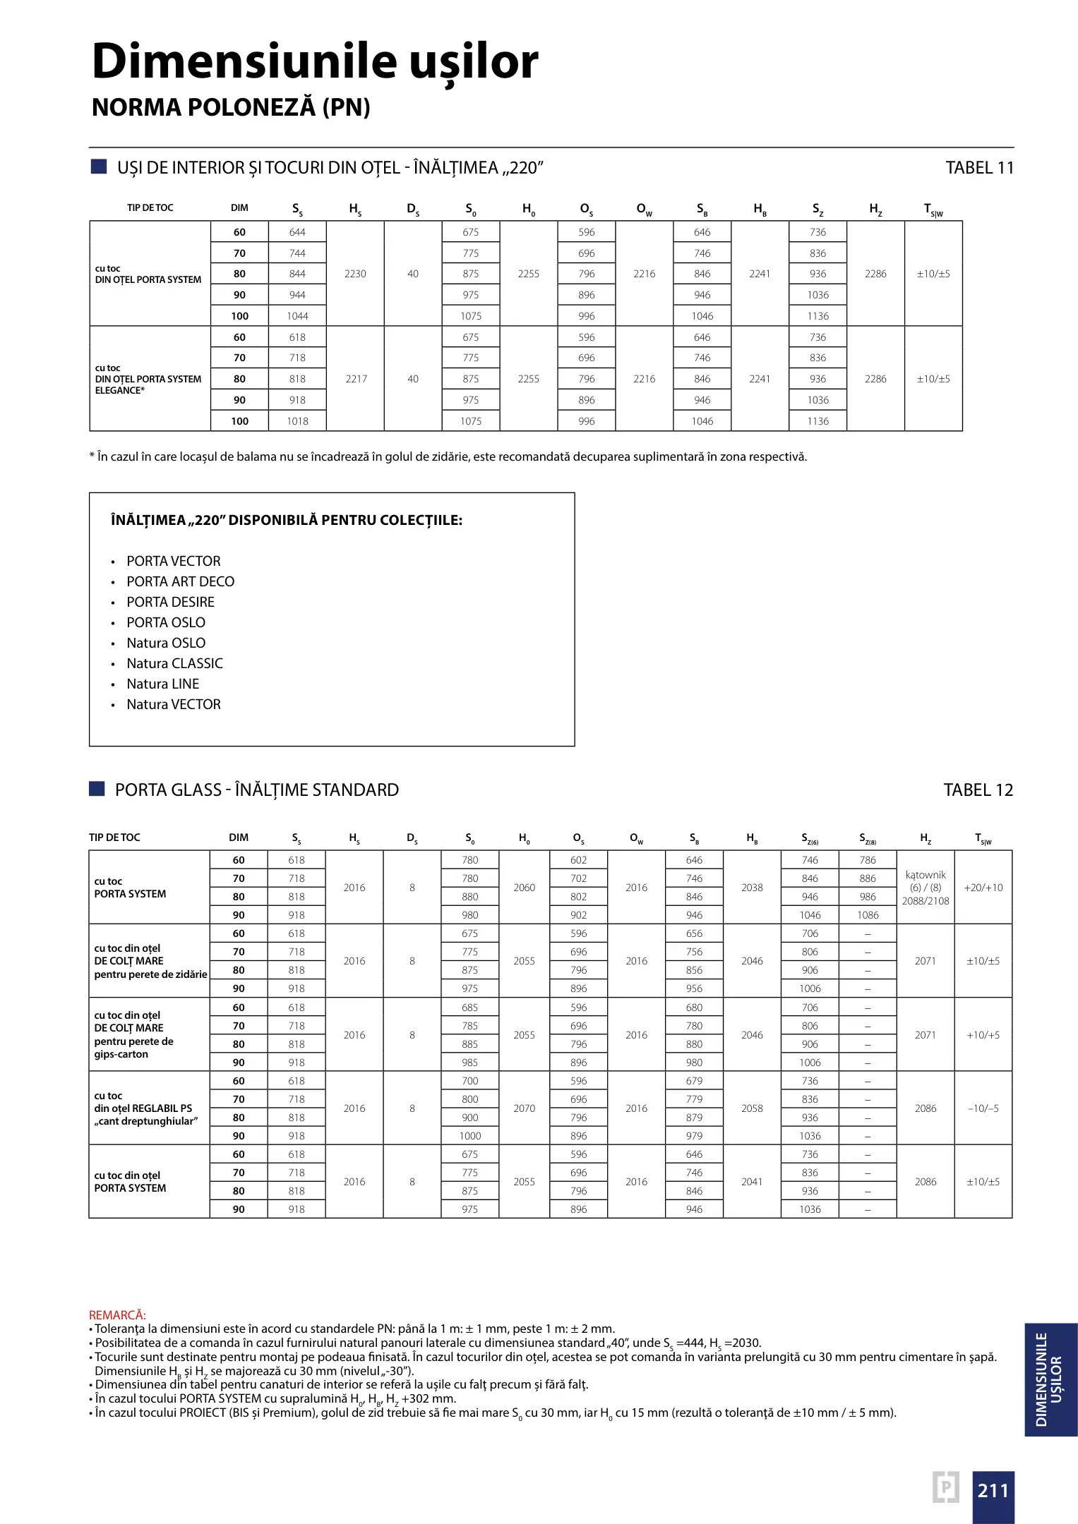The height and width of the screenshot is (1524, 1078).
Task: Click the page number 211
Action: [993, 1491]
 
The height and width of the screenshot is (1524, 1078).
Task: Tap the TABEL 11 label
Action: [979, 168]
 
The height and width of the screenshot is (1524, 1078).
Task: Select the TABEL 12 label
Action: [978, 790]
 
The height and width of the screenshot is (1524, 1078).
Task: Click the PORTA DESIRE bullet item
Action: [170, 602]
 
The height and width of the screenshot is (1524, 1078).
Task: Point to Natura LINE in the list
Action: [162, 684]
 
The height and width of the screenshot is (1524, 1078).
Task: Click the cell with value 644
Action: [297, 232]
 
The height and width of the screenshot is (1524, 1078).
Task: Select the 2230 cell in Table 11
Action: [355, 274]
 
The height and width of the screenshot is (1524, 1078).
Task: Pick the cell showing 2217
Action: [356, 379]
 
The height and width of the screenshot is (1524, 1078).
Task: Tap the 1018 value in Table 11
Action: [297, 421]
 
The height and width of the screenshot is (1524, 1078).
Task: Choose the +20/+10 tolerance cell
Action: [983, 888]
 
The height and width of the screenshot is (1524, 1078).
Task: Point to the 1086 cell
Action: [868, 915]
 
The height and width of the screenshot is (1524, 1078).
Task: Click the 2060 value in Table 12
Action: [524, 888]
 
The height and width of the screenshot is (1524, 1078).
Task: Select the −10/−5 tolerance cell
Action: [983, 1108]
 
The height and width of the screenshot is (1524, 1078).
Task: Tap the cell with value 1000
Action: [469, 1136]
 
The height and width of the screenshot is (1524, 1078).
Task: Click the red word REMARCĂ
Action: [117, 1315]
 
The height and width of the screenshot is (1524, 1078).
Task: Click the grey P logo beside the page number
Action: [946, 1487]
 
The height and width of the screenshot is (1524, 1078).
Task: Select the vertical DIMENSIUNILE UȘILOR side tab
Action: [1050, 1379]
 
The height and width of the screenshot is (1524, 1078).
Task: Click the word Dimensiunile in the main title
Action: [245, 61]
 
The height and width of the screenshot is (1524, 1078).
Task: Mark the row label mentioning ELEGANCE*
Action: [148, 379]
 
